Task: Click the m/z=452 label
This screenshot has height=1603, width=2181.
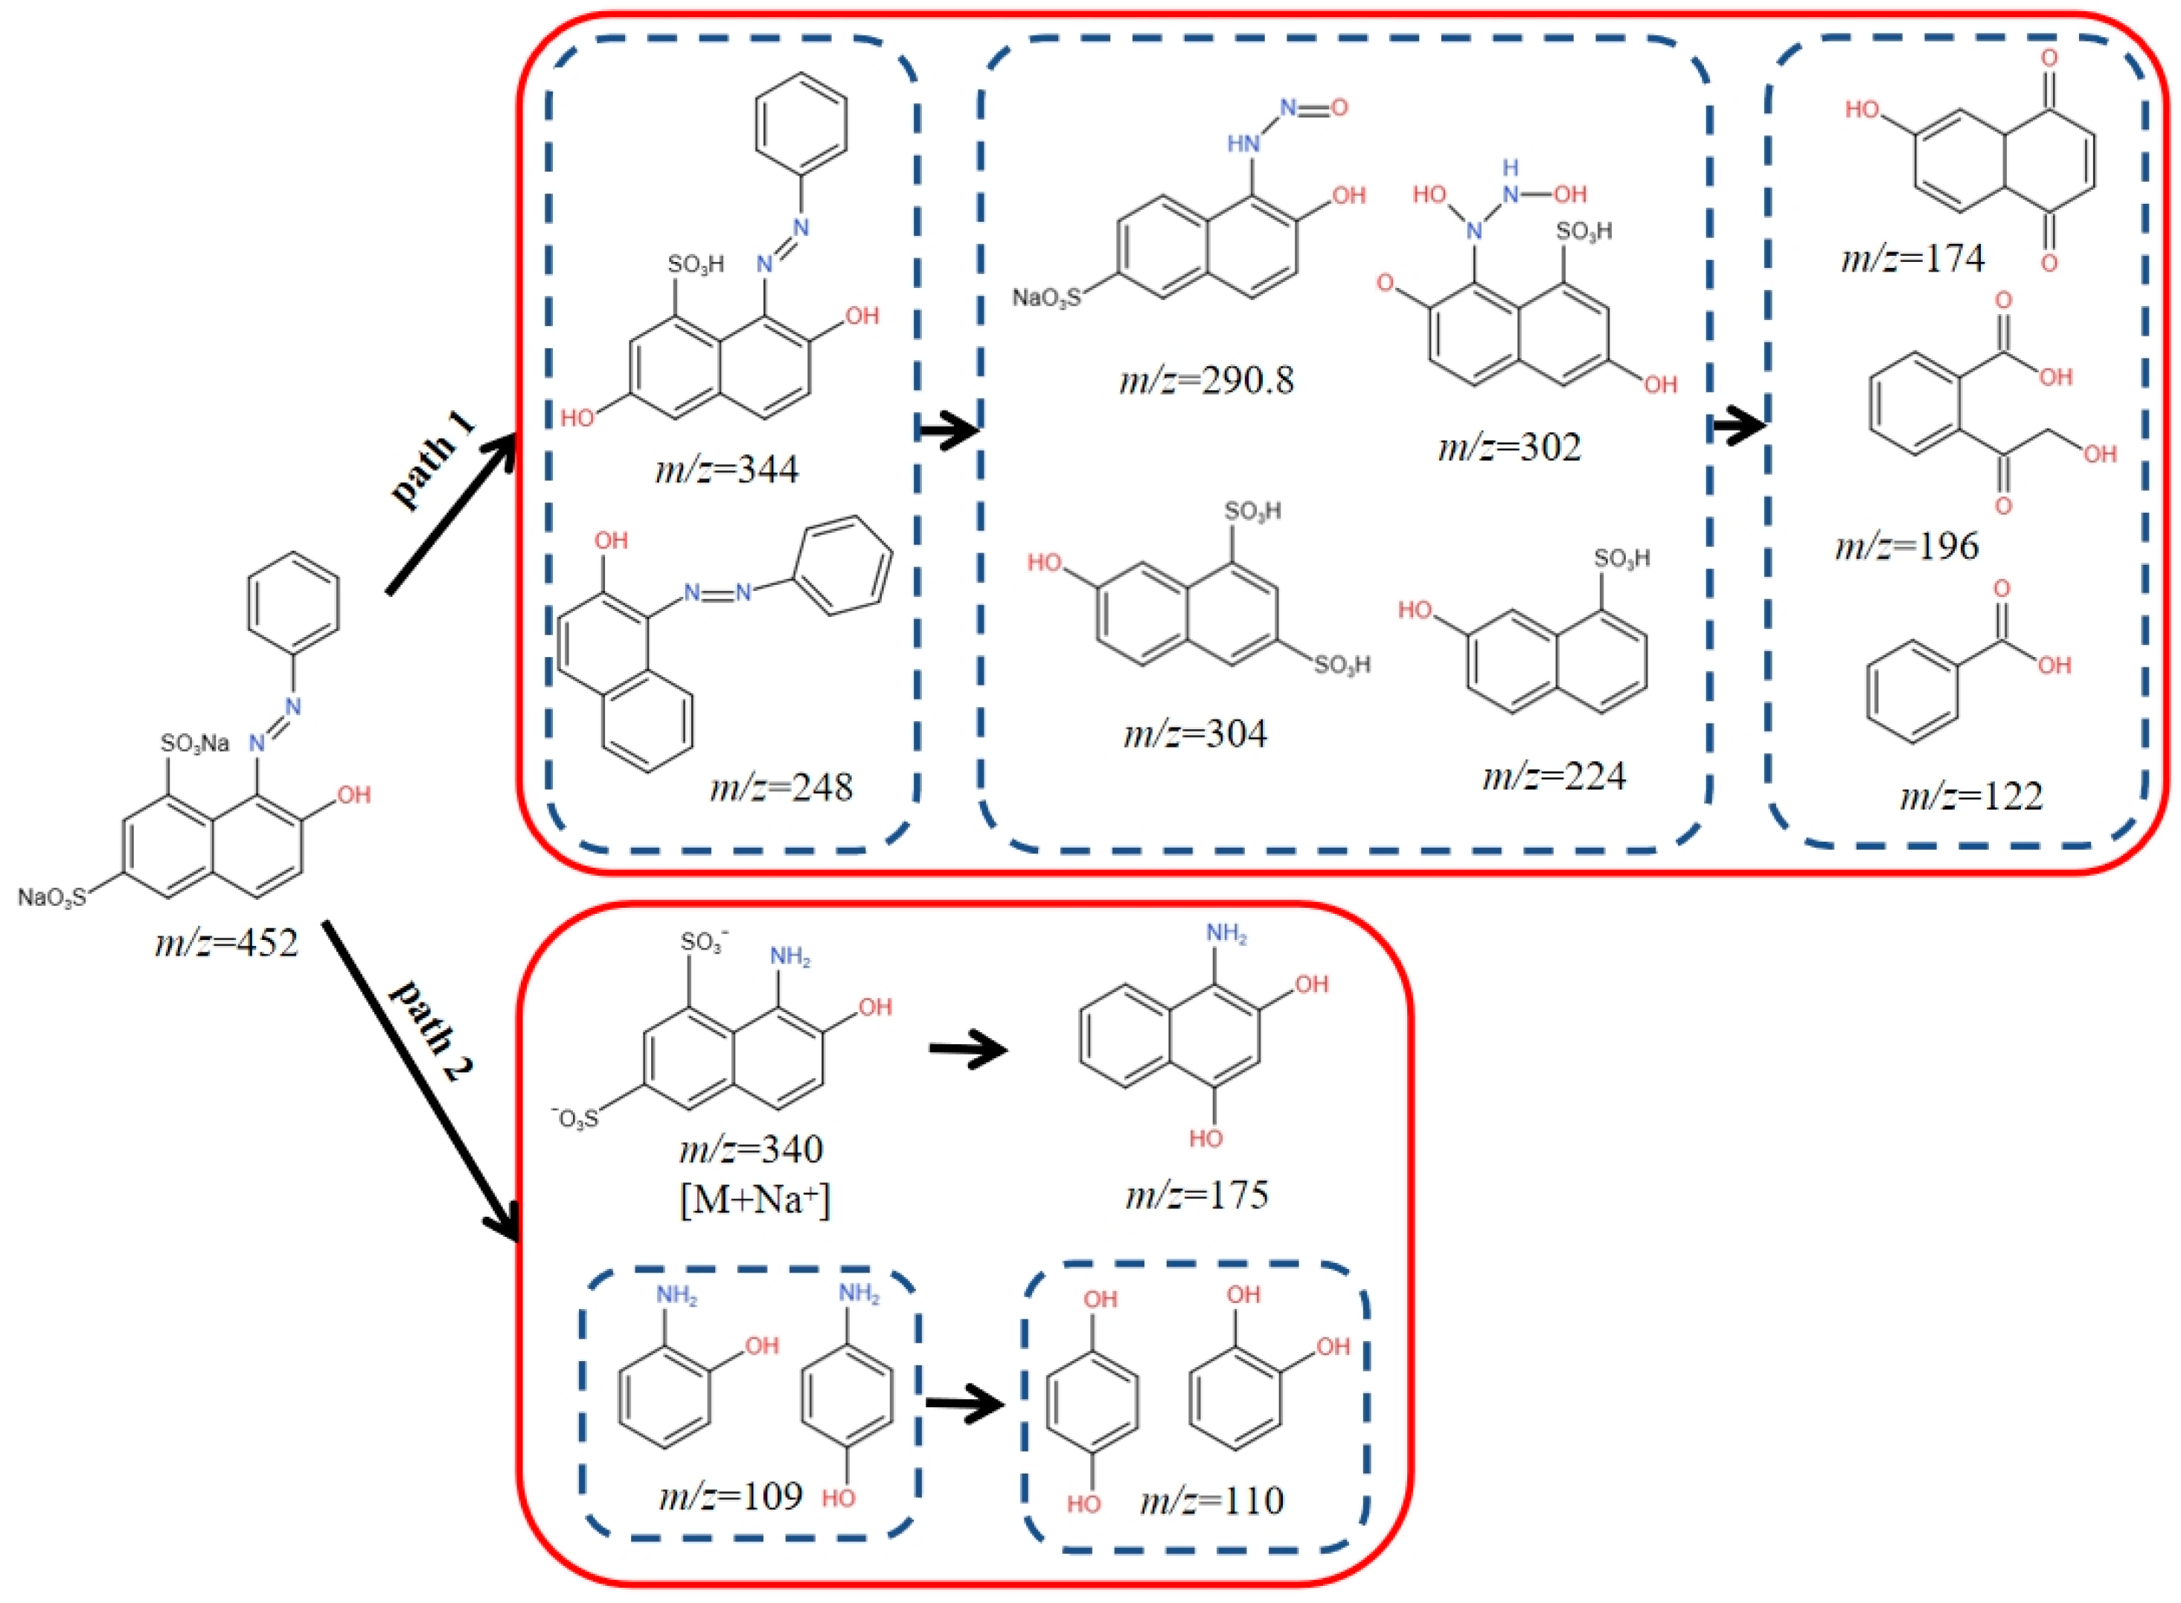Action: pyautogui.click(x=226, y=942)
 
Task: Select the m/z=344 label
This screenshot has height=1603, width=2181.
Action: pyautogui.click(x=727, y=470)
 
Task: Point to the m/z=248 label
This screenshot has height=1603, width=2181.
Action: pyautogui.click(x=781, y=786)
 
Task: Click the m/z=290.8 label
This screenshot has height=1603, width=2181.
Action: pyautogui.click(x=1206, y=380)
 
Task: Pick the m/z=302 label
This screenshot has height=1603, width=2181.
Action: pyautogui.click(x=1510, y=447)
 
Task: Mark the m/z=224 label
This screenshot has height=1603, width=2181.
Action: pyautogui.click(x=1554, y=776)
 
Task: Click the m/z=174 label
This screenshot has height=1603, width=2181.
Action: pyautogui.click(x=1912, y=258)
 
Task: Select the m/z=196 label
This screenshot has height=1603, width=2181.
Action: pyautogui.click(x=1906, y=546)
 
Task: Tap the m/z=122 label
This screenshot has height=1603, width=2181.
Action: pyautogui.click(x=1971, y=796)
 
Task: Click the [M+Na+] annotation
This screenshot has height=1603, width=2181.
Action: pyautogui.click(x=755, y=1200)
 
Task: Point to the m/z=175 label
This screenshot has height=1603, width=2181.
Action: pyautogui.click(x=1197, y=1194)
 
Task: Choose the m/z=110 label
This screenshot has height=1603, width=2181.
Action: pyautogui.click(x=1213, y=1500)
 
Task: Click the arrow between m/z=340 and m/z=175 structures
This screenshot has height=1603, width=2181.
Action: pyautogui.click(x=967, y=1050)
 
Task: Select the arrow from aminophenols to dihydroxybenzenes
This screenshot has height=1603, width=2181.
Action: pyautogui.click(x=964, y=1404)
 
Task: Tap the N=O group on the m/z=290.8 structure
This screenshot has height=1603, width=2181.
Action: pyautogui.click(x=1313, y=108)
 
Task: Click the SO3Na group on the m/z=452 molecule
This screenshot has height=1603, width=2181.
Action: pyautogui.click(x=195, y=743)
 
